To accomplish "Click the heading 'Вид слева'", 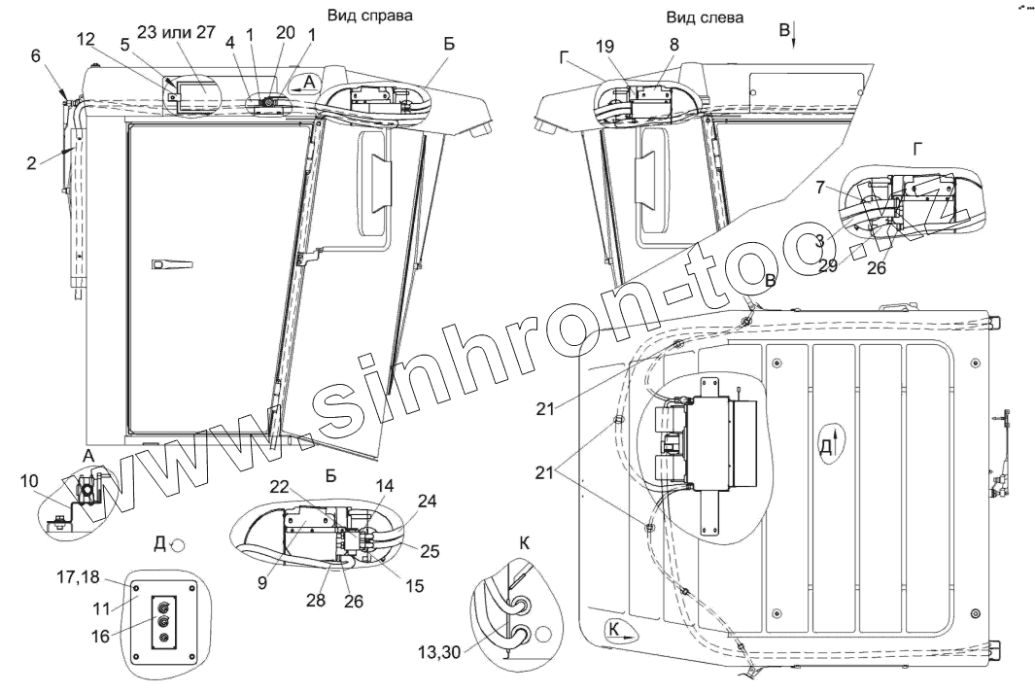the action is pos(705,17).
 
